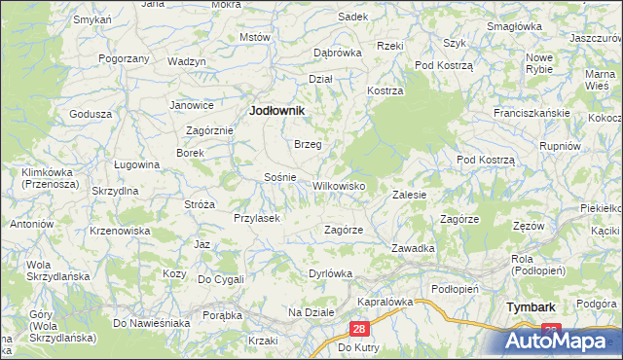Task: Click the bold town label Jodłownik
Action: pyautogui.click(x=277, y=111)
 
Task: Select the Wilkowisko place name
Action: pyautogui.click(x=338, y=185)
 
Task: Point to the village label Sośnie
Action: pyautogui.click(x=280, y=178)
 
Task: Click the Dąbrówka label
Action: pyautogui.click(x=337, y=53)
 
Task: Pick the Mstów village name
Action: pyautogui.click(x=254, y=37)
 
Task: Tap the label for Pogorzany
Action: pyautogui.click(x=124, y=59)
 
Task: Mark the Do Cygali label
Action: pyautogui.click(x=221, y=279)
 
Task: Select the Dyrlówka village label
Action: pyautogui.click(x=329, y=273)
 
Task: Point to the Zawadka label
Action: pyautogui.click(x=413, y=248)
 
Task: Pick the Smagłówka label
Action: pyautogui.click(x=515, y=26)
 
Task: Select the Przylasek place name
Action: pyautogui.click(x=256, y=218)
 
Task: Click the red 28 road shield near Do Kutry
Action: pyautogui.click(x=359, y=331)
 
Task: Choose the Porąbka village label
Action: pyautogui.click(x=221, y=314)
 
